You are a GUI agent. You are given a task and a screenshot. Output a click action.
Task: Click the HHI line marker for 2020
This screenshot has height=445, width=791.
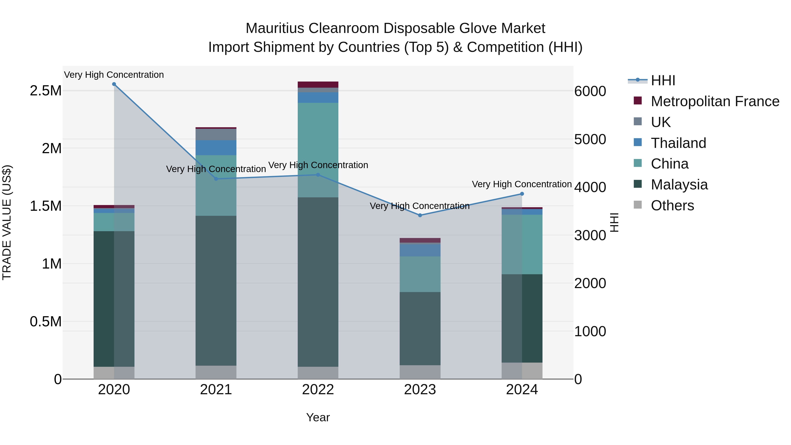point(114,84)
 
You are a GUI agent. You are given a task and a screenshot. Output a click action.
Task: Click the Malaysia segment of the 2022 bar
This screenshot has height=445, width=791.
point(318,282)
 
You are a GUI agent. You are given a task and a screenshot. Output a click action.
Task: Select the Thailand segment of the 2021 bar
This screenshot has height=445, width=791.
point(216,148)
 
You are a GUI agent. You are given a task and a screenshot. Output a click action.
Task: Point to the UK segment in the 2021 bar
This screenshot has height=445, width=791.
point(216,134)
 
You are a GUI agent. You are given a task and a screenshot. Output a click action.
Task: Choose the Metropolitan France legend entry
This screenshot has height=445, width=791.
point(715,101)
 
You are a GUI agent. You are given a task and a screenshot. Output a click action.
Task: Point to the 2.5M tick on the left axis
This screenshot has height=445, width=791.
point(45,91)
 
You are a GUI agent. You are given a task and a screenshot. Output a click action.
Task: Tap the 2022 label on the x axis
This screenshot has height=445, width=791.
point(318,390)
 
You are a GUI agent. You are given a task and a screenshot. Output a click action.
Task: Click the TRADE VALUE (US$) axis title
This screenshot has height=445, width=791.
point(7,222)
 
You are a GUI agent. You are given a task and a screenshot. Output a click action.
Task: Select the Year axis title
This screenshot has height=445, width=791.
point(318,417)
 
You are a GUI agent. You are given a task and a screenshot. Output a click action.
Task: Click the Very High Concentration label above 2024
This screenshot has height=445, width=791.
point(521,184)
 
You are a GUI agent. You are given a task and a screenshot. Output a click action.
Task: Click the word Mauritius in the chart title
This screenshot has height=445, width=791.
point(275,28)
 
